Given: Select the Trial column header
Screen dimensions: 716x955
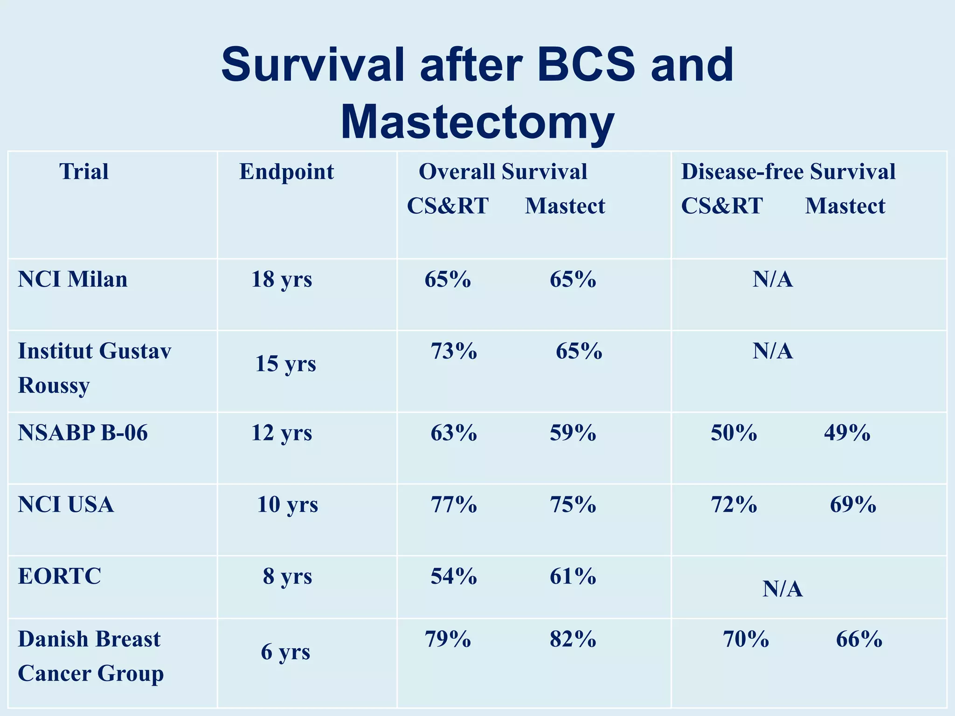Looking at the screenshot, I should [84, 172].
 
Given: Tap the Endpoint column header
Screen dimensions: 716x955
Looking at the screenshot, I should [286, 172].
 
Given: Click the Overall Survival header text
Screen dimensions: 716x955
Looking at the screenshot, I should [503, 172].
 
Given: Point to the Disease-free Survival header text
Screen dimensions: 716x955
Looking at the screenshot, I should [788, 172].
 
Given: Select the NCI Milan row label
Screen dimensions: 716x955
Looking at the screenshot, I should [72, 280].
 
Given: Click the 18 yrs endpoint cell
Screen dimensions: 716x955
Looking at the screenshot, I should [282, 280].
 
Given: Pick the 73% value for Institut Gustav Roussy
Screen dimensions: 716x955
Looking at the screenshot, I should [454, 351].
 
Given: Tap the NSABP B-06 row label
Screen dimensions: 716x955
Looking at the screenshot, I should [83, 433].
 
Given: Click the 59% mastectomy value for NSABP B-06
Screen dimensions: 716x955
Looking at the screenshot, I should [573, 433].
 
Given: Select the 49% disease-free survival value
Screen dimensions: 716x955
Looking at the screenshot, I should [847, 433].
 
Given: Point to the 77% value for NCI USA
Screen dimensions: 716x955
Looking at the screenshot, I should [454, 505].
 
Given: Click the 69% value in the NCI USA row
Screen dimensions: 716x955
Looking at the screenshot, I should [853, 505].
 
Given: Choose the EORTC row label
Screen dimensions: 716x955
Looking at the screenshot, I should [59, 577].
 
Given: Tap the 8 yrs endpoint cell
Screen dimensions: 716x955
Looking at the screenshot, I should [287, 577].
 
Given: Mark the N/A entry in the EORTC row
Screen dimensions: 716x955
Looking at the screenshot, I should [782, 589].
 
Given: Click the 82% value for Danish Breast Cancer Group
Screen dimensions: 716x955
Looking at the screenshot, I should [573, 639].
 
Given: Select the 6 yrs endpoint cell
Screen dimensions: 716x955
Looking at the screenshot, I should [285, 652].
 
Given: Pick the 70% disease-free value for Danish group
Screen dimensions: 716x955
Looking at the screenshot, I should [746, 639].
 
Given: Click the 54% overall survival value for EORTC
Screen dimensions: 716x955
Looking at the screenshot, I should [454, 577].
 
